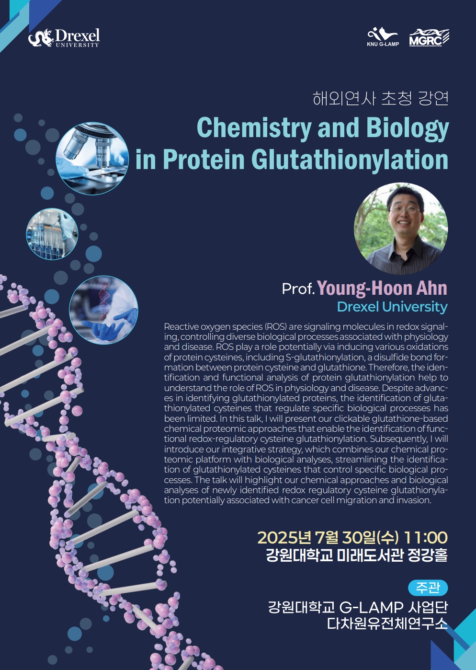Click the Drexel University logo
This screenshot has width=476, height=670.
coord(64,38)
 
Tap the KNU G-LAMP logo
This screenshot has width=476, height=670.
coord(383,36)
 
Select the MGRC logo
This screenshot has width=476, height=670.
coord(429,38)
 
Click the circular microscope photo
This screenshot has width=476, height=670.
coord(92,158)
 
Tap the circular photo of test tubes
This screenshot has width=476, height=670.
coord(52,234)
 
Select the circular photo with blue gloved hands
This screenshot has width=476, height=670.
coord(103,310)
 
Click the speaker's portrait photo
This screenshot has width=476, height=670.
coord(401,229)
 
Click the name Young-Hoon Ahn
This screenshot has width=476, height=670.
coord(382,288)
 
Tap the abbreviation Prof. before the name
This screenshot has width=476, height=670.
coord(298,289)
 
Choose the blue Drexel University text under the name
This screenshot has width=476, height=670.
coord(392,307)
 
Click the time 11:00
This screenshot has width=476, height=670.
coord(426,538)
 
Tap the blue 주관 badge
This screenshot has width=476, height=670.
coord(428,588)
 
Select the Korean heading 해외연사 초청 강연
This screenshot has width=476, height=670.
coord(380,98)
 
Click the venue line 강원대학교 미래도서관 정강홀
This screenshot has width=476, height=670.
coord(357,555)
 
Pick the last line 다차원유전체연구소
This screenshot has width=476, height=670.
coord(387,624)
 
